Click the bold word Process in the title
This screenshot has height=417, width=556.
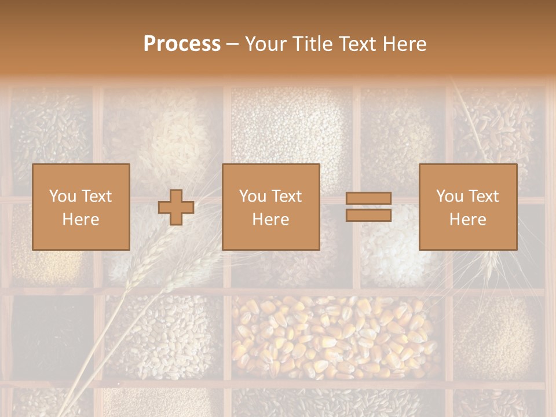(182, 44)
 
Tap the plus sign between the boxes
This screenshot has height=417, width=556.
(176, 207)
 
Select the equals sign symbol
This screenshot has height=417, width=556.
(368, 207)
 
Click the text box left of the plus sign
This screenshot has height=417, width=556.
(81, 207)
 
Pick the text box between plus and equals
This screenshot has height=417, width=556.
(270, 207)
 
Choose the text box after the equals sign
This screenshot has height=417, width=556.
(467, 207)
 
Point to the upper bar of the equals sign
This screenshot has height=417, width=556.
(368, 199)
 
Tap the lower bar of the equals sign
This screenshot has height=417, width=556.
(368, 215)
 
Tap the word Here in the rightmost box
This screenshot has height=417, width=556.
(467, 220)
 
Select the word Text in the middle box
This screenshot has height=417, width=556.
(287, 196)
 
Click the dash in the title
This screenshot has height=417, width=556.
(233, 44)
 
